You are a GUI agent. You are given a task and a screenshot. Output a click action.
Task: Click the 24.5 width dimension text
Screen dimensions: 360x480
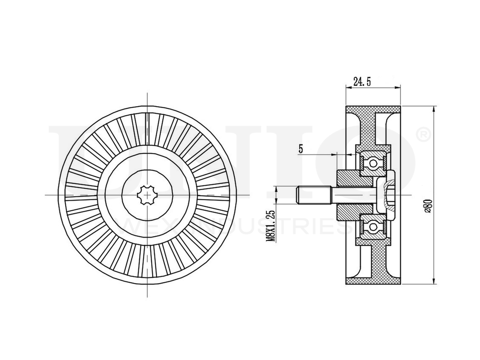pos(362,82)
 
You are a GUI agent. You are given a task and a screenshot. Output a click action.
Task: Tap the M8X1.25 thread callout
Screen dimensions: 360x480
pos(272,225)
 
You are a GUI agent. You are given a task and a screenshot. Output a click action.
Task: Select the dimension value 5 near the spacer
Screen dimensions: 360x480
pos(301,149)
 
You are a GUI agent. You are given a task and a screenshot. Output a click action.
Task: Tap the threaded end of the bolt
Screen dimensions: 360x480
pos(307,195)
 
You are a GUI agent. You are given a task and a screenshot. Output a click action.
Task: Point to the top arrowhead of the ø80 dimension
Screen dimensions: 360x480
pos(434,108)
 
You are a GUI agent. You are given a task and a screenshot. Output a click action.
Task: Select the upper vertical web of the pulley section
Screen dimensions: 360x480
pos(373,130)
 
